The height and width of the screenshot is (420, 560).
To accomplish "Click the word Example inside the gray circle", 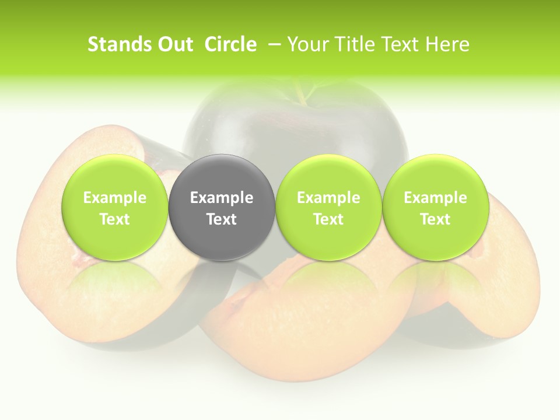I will tap(221, 198).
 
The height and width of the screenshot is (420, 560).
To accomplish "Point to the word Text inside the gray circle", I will tap(221, 219).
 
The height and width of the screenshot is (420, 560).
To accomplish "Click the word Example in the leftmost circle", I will tap(114, 198).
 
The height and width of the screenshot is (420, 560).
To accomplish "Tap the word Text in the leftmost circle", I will tap(114, 219).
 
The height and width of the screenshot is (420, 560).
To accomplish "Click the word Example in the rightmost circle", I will tap(435, 198).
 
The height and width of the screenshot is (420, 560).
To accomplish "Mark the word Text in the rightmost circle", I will tap(435, 219).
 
